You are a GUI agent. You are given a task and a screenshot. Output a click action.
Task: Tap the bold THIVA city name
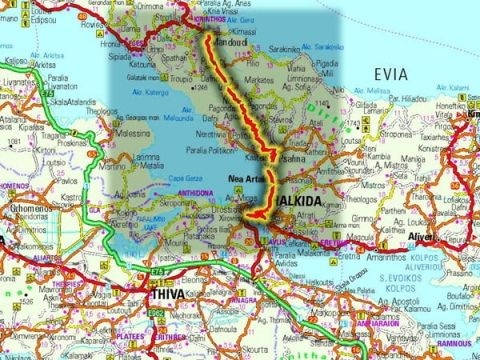169,297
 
